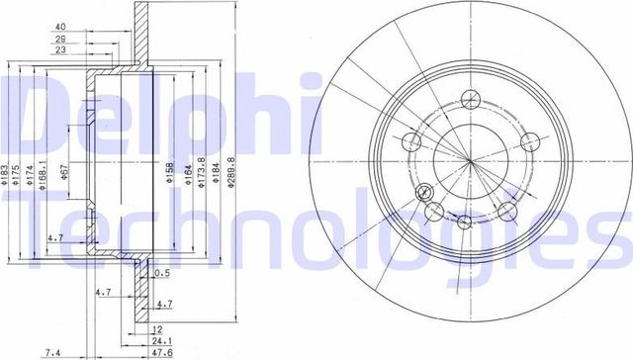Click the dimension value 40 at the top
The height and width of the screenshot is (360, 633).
(x=60, y=27)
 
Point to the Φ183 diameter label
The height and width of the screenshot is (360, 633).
(x=6, y=176)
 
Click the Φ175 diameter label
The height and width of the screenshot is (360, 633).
(x=18, y=176)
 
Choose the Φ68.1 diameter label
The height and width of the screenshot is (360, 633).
(x=43, y=176)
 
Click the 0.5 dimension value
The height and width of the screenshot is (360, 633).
(x=161, y=274)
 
